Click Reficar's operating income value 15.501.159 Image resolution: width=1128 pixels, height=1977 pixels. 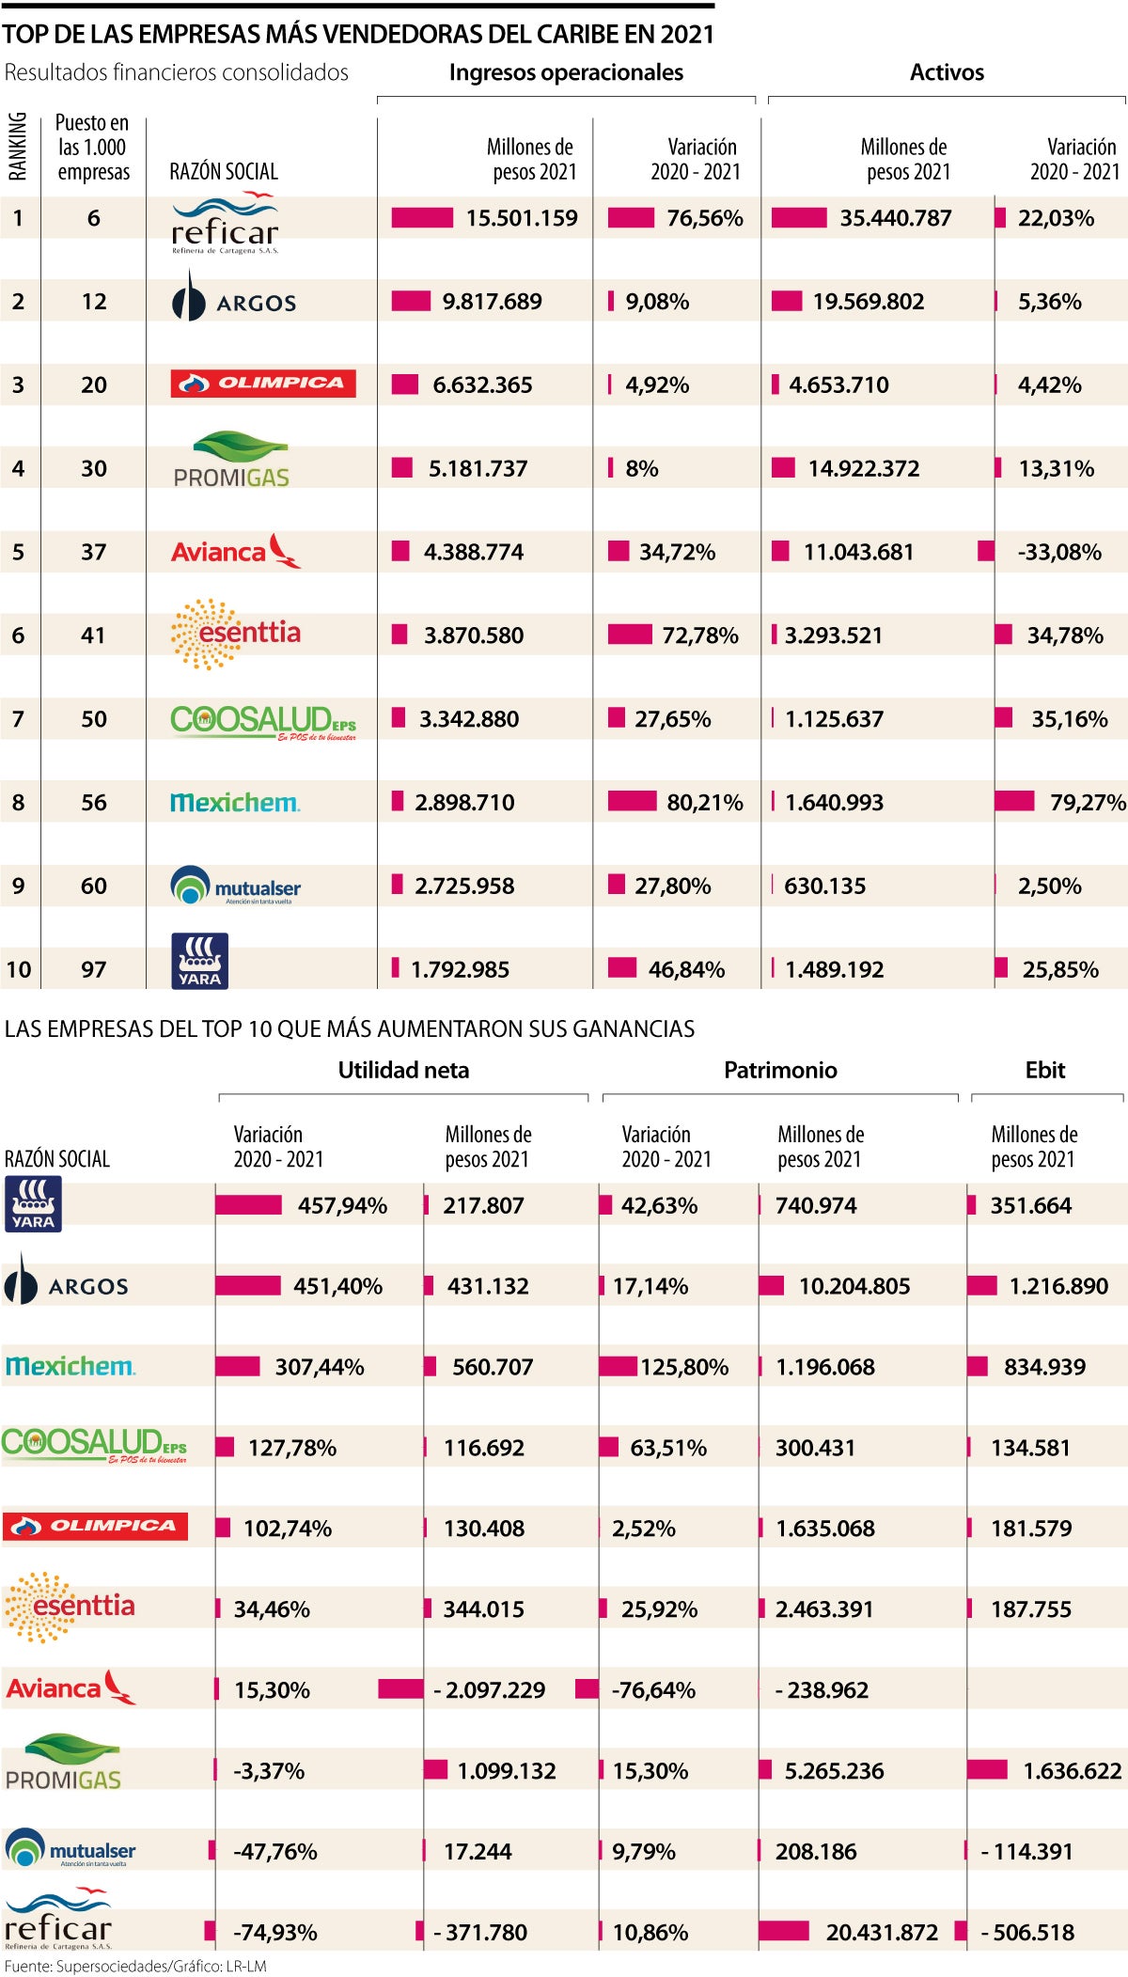[x=522, y=218]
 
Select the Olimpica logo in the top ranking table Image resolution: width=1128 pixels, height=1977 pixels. [x=263, y=384]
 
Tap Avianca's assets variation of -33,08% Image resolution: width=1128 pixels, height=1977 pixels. [x=1059, y=552]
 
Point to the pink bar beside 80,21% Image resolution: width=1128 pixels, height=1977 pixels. [x=632, y=801]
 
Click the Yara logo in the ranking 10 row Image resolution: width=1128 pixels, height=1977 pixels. [x=199, y=961]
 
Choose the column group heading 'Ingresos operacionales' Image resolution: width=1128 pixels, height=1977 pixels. [x=566, y=72]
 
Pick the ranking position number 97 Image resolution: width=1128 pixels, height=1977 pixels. [x=93, y=969]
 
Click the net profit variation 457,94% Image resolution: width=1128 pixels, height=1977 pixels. [x=342, y=1205]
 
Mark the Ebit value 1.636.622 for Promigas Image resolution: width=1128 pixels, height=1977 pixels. [x=1072, y=1771]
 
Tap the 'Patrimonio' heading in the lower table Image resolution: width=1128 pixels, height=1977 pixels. [x=780, y=1070]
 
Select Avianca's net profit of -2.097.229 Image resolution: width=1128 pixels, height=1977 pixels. [x=489, y=1690]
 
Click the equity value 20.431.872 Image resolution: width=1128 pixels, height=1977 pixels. [x=882, y=1933]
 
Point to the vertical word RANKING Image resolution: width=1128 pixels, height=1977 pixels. [x=18, y=146]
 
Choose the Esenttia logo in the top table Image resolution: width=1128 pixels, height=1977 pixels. [x=235, y=635]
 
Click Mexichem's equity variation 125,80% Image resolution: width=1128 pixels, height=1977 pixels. [x=684, y=1367]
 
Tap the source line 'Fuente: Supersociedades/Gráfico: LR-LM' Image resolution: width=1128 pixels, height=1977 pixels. [x=135, y=1966]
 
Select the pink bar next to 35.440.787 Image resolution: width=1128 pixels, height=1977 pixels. [x=799, y=218]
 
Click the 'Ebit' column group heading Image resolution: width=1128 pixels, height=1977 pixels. [x=1044, y=1070]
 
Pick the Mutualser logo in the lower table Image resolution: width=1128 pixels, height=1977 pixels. [x=70, y=1849]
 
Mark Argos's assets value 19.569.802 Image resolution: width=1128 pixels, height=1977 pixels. [x=869, y=302]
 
